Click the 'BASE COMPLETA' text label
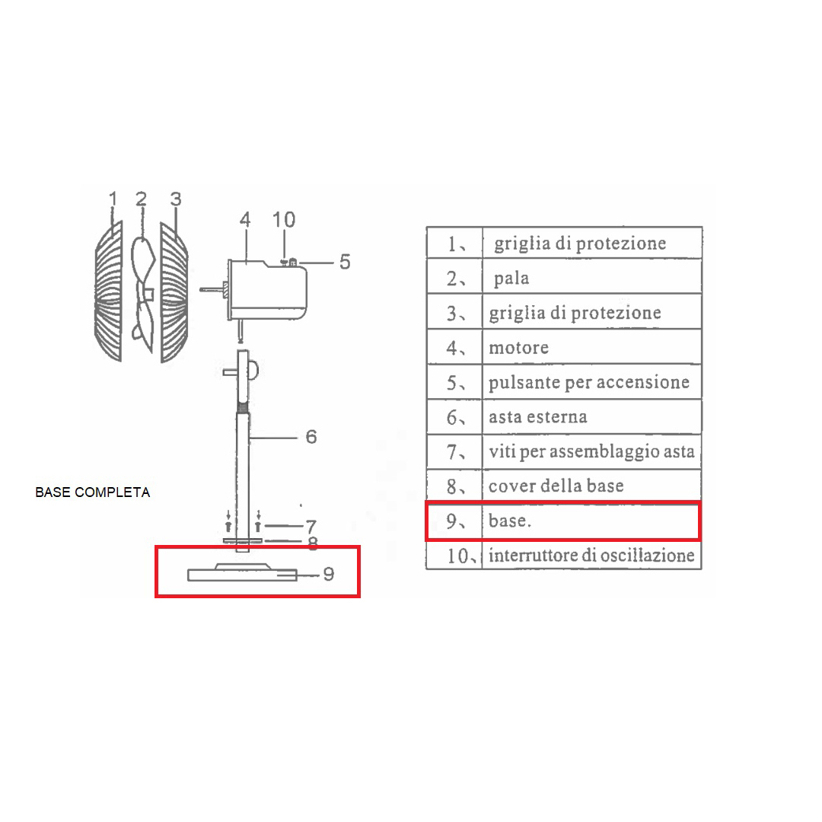click(93, 492)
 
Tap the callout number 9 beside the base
click(329, 574)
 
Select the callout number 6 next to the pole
click(311, 437)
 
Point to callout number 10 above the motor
click(284, 220)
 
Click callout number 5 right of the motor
click(345, 262)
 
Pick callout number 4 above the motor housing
click(245, 220)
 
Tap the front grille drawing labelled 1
click(109, 292)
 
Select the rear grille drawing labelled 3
click(174, 292)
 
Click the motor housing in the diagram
click(267, 289)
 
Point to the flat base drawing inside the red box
click(242, 572)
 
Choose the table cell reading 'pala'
click(592, 276)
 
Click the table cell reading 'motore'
click(592, 346)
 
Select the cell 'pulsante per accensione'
click(592, 381)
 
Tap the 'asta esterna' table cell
click(592, 417)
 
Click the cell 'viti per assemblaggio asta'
click(592, 451)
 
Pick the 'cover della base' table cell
click(592, 486)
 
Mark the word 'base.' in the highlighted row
click(509, 521)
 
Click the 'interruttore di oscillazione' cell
click(592, 555)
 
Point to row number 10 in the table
click(457, 556)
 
